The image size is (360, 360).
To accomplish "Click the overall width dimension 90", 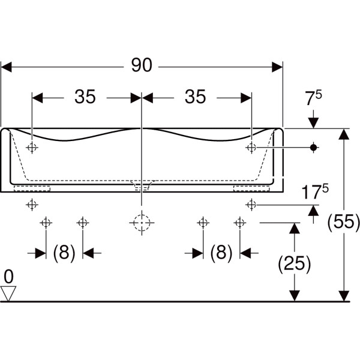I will (142, 65).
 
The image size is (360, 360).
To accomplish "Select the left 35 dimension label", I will (85, 97).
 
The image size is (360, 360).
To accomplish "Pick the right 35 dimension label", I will (195, 97).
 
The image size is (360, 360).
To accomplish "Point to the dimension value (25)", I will (294, 262).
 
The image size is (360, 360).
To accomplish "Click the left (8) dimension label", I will (64, 253).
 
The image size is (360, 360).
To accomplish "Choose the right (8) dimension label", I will (221, 253).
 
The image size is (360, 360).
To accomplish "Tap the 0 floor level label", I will (8, 277).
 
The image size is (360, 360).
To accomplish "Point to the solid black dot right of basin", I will (313, 147).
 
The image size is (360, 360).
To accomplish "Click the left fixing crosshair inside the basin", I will (32, 147).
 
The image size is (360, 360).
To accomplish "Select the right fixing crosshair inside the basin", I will (251, 147).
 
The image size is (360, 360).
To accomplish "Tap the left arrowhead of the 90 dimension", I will (7, 66).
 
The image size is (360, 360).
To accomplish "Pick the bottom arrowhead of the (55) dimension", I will (344, 295).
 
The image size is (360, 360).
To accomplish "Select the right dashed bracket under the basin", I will (252, 188).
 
